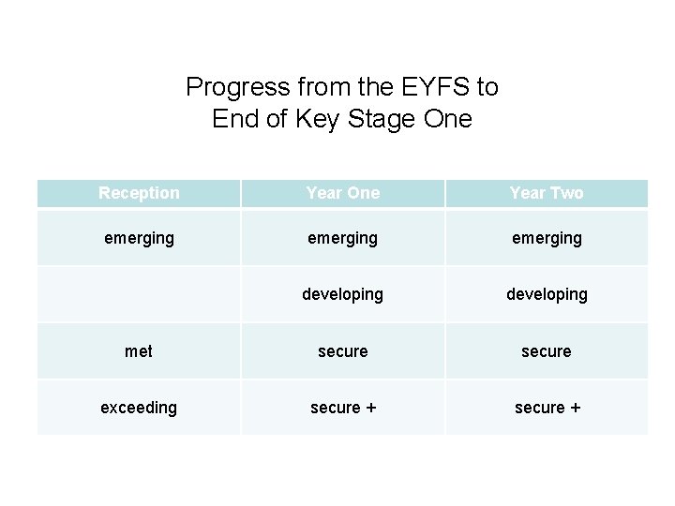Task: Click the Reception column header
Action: point(139,193)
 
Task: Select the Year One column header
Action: point(343,193)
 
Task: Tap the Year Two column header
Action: point(547,193)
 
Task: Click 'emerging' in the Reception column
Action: point(139,238)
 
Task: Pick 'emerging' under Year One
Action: point(343,238)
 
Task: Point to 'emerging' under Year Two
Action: point(547,238)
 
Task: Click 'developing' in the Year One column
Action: point(343,294)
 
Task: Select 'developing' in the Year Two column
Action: point(547,294)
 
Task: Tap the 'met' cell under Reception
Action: point(139,351)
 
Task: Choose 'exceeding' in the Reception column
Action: point(139,408)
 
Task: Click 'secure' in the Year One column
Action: point(343,351)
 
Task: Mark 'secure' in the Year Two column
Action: point(547,351)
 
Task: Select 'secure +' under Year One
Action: point(343,408)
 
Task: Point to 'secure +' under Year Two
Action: point(547,408)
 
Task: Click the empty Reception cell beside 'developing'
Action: point(139,294)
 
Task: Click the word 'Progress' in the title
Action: point(226,88)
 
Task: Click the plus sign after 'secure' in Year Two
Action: point(574,408)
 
